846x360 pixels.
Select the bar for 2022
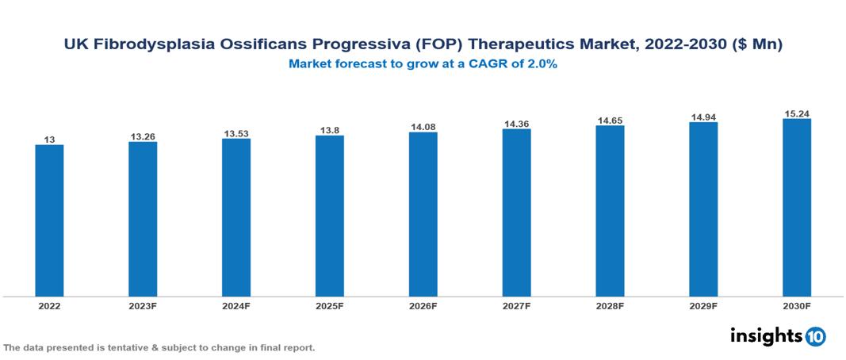click(49, 220)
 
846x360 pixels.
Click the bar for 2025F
click(330, 216)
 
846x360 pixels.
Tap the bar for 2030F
click(796, 208)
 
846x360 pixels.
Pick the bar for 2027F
click(516, 213)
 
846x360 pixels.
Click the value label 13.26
click(143, 136)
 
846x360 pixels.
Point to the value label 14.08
click(423, 127)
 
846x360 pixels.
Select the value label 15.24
click(796, 113)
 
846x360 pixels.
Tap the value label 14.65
click(610, 120)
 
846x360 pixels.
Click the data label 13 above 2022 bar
click(49, 140)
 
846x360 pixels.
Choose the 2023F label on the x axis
click(143, 306)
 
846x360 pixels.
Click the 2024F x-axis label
click(236, 306)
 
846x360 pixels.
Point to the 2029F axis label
click(703, 306)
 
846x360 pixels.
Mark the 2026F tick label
click(423, 306)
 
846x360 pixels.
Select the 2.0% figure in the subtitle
click(542, 65)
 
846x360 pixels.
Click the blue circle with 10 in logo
click(815, 336)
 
